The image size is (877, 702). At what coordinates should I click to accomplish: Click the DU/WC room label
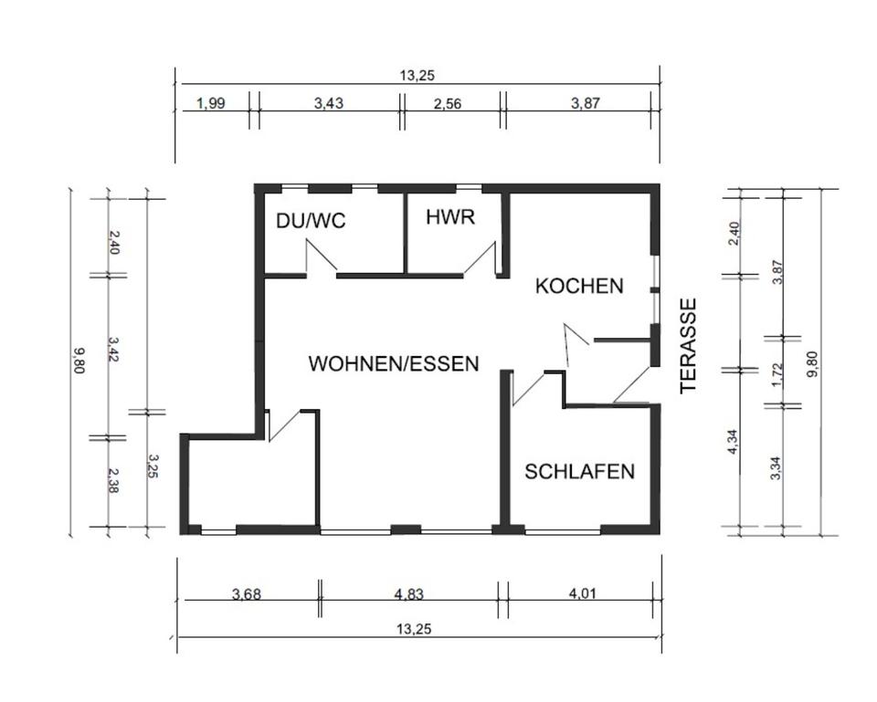pos(311,221)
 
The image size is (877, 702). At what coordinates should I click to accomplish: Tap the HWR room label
pos(448,217)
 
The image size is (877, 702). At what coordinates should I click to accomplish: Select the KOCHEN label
pos(579,286)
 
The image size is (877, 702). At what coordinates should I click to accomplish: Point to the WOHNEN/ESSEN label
pos(394,363)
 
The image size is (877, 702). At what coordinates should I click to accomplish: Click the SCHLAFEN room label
pos(579,471)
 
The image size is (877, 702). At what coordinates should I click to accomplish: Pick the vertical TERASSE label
pos(689,346)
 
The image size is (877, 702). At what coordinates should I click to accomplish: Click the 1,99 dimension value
pos(210,103)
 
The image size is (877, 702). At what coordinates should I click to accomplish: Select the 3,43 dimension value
pos(329,103)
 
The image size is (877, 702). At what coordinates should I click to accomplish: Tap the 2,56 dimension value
pos(448,103)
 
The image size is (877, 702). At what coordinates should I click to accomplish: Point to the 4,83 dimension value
pos(408,594)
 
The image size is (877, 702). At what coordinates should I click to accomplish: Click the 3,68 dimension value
pos(247,594)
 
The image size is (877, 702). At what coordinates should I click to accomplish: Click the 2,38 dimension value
pos(114,481)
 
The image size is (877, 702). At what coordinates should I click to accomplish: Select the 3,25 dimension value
pos(153,468)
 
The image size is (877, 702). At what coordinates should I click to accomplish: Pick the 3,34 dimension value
pos(777,466)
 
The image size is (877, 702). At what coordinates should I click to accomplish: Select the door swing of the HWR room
pos(481,258)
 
